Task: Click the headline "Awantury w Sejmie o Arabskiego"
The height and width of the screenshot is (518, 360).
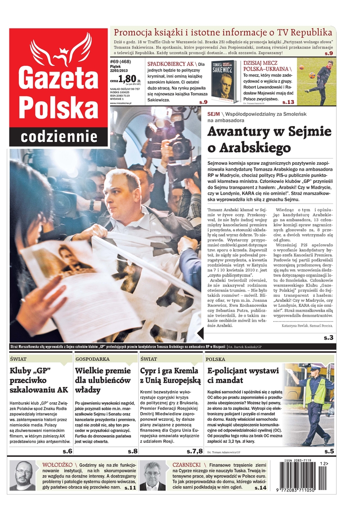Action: [269, 139]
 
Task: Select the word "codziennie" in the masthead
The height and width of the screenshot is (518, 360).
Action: [59, 136]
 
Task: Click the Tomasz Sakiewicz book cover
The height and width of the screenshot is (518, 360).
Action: [225, 81]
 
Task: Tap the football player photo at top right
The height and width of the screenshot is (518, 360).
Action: [316, 81]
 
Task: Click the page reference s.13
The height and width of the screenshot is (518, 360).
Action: [288, 102]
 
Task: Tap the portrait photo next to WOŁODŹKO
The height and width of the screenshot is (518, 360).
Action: [22, 475]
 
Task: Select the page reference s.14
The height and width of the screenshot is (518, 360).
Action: [260, 488]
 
